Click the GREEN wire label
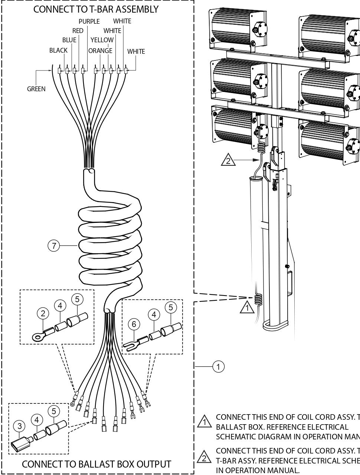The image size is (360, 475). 36,89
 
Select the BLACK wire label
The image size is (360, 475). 58,50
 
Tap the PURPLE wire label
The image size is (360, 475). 89,22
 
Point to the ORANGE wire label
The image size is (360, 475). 100,51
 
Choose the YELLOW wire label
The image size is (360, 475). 102,40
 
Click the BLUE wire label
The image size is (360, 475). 69,40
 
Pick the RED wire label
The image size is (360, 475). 78,31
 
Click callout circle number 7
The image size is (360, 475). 54,246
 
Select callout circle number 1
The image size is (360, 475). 218,367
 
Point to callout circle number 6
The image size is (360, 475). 134,324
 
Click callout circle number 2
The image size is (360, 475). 43,313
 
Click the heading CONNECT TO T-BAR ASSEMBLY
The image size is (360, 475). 96,9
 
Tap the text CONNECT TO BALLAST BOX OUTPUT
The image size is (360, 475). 96,464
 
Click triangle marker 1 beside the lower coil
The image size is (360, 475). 245,307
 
